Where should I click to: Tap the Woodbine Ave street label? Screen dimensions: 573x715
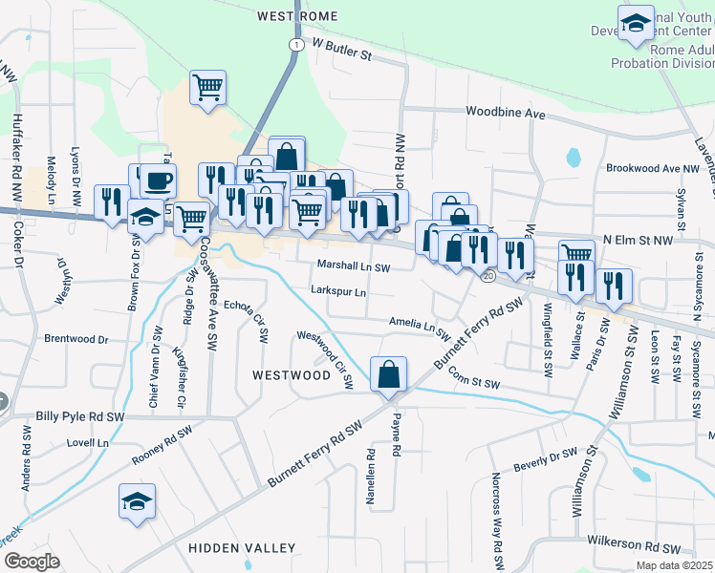click(506, 114)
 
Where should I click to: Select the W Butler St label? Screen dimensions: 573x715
click(341, 51)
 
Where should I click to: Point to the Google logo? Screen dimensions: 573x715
click(31, 562)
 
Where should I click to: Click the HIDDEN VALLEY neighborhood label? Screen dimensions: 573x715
click(242, 547)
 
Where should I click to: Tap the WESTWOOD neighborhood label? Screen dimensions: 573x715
click(291, 375)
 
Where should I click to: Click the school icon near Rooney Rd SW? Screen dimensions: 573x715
click(137, 500)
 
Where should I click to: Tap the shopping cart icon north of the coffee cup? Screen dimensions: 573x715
click(207, 88)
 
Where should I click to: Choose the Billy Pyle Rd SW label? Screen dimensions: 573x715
click(80, 417)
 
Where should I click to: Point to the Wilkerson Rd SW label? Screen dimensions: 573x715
click(635, 548)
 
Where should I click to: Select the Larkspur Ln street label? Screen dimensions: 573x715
click(338, 292)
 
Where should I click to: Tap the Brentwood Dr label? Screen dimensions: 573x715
click(77, 339)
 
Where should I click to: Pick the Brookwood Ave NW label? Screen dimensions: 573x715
click(654, 168)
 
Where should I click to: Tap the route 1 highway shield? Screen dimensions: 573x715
click(297, 45)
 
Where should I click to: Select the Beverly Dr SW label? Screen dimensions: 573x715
click(545, 458)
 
